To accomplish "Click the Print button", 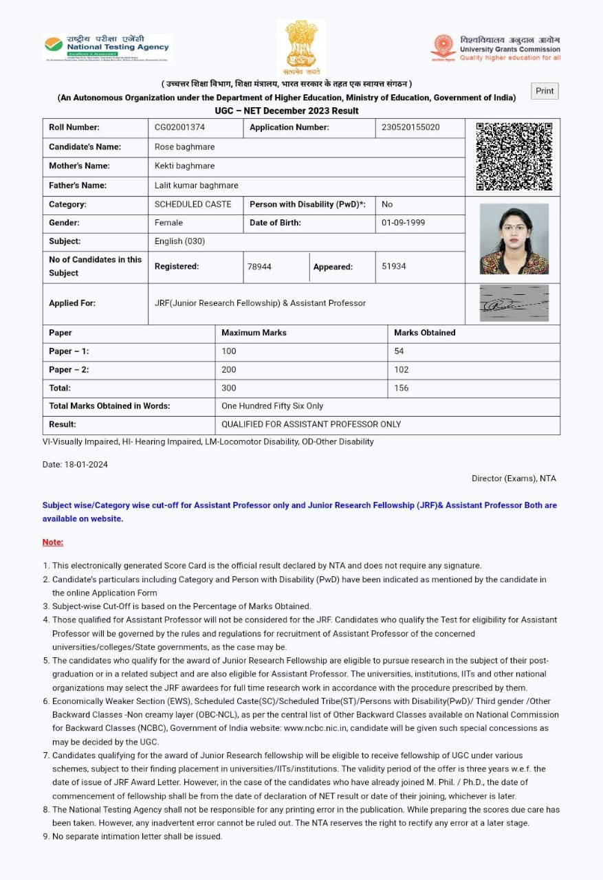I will (545, 91).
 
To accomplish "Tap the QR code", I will (514, 157).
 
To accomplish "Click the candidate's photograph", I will (514, 239).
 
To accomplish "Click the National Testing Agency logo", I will (107, 47).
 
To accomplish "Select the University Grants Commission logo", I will (496, 49).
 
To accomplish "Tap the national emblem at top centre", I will (301, 47).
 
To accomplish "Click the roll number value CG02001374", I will (179, 127).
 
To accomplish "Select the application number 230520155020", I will (410, 127).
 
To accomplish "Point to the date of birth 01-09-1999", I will (403, 223).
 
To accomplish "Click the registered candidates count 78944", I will (259, 267).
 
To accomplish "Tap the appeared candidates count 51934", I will (394, 267).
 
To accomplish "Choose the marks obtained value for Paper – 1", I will (399, 351).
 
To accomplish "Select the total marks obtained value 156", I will (402, 388).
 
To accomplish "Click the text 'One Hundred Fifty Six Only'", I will (272, 406).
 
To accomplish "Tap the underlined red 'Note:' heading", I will (53, 542).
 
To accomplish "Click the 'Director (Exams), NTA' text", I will (514, 478).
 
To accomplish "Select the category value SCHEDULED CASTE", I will (193, 204).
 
